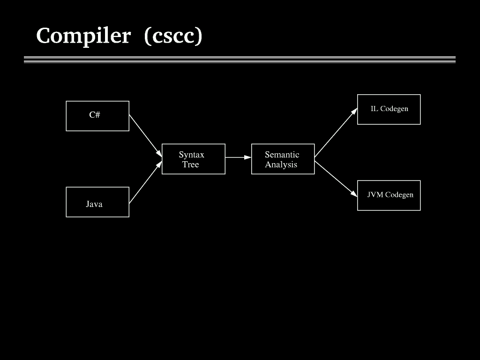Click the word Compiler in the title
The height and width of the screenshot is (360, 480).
coord(83,36)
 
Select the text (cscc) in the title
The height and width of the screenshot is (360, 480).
coord(173,36)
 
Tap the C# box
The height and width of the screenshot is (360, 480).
coord(97,116)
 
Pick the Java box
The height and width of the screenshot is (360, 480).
coord(97,202)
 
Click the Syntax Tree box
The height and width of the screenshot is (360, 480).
coord(193,159)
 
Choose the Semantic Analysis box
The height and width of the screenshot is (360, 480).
coord(283,159)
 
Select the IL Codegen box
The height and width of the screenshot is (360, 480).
coord(389,109)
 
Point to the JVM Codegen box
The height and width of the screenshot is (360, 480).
coord(389,195)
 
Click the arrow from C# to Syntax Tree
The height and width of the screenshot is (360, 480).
coord(145,135)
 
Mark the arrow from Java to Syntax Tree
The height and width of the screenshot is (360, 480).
coord(145,182)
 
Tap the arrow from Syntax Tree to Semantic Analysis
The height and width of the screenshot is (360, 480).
coord(238,157)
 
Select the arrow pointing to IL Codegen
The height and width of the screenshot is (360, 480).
coord(336,133)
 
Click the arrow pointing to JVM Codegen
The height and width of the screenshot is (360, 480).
coord(336,179)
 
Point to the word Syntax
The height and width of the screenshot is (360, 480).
coord(191,155)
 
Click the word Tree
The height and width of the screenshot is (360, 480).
coord(191,165)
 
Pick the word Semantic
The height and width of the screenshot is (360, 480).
coord(282,155)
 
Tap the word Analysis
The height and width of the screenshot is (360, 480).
coord(281,165)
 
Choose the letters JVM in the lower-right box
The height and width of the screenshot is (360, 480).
coord(375,195)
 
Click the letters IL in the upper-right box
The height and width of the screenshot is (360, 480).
coord(374,109)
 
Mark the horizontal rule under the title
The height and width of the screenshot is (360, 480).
coord(240,60)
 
